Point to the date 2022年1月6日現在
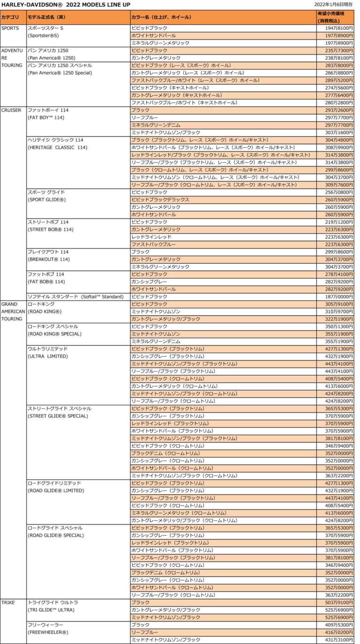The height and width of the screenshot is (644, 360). pos(336,4)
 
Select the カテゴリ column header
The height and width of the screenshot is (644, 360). pos(11,17)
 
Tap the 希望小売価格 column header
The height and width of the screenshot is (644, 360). pos(330,14)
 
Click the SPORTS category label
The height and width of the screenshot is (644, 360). pos(10,28)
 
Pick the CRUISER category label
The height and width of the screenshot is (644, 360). pos(11,110)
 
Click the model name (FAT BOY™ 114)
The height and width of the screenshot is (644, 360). pos(46,118)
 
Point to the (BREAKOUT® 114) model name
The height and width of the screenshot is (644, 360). pos(49,259)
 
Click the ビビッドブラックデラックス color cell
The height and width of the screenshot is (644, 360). pos(160,200)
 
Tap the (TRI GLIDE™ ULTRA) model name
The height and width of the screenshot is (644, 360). pos(51,610)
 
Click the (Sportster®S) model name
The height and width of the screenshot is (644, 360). pos(44,36)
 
